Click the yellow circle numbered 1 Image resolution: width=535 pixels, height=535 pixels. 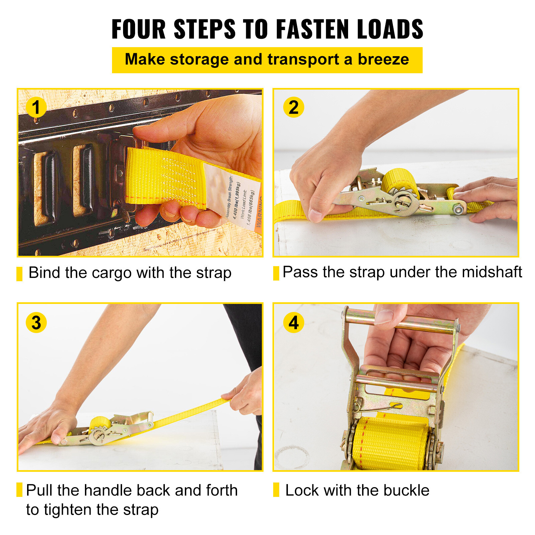[36, 107]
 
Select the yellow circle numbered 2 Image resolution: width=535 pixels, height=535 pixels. [293, 107]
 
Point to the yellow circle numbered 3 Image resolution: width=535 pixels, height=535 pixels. [36, 323]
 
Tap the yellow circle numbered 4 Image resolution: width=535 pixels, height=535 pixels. [293, 323]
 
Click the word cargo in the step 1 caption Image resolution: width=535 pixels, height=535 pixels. [112, 273]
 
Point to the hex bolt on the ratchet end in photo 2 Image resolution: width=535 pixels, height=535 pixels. [458, 210]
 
